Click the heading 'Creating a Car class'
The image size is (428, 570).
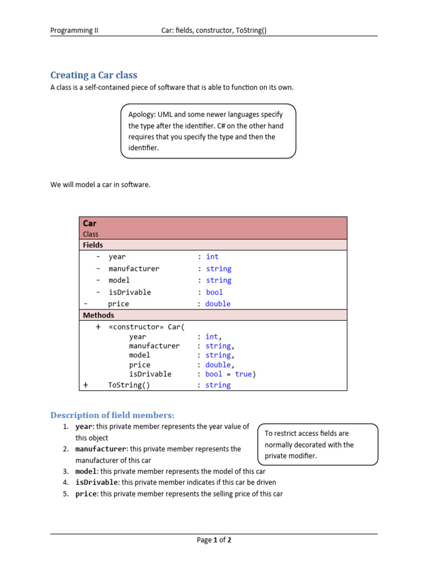click(x=94, y=75)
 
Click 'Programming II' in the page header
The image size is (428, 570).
click(x=74, y=31)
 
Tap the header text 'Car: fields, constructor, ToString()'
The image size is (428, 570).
click(x=214, y=31)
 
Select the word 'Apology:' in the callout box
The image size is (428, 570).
click(x=142, y=115)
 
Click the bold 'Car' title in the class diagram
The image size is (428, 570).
click(x=90, y=223)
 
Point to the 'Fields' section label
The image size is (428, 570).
click(x=93, y=245)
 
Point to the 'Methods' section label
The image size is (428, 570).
click(x=98, y=315)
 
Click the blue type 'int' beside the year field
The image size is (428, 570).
click(x=212, y=257)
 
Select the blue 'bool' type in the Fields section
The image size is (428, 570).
click(x=214, y=292)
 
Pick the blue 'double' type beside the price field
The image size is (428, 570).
click(x=217, y=304)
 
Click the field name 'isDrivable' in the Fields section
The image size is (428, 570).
click(x=130, y=292)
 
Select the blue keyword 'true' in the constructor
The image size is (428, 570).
click(x=243, y=374)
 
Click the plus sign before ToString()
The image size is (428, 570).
click(x=86, y=385)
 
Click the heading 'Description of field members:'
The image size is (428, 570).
click(x=113, y=415)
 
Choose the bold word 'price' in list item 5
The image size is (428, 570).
click(x=86, y=494)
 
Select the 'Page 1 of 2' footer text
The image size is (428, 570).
click(x=214, y=540)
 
